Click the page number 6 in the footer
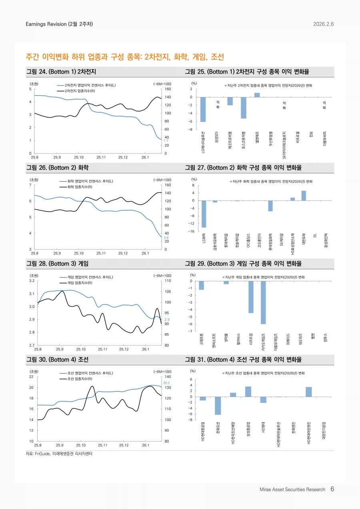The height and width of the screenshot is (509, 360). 332,489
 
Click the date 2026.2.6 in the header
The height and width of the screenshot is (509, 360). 323,24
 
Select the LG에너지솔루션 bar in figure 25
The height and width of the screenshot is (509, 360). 203,109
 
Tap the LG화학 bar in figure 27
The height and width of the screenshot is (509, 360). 204,214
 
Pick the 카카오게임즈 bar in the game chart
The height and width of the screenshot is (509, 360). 263,302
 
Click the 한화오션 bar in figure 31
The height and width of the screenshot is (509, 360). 218,405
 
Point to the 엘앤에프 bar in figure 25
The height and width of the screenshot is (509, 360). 257,95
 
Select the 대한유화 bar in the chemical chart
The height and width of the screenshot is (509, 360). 304,196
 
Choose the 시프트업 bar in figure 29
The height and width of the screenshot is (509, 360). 251,297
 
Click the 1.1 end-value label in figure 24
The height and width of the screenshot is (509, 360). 166,141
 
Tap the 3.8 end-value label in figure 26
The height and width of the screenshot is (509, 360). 166,238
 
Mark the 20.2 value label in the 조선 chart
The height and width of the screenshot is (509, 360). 167,383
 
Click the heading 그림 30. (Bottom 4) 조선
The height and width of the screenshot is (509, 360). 57,360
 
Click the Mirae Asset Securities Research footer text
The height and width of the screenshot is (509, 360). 292,489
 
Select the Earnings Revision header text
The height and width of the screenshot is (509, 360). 59,24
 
